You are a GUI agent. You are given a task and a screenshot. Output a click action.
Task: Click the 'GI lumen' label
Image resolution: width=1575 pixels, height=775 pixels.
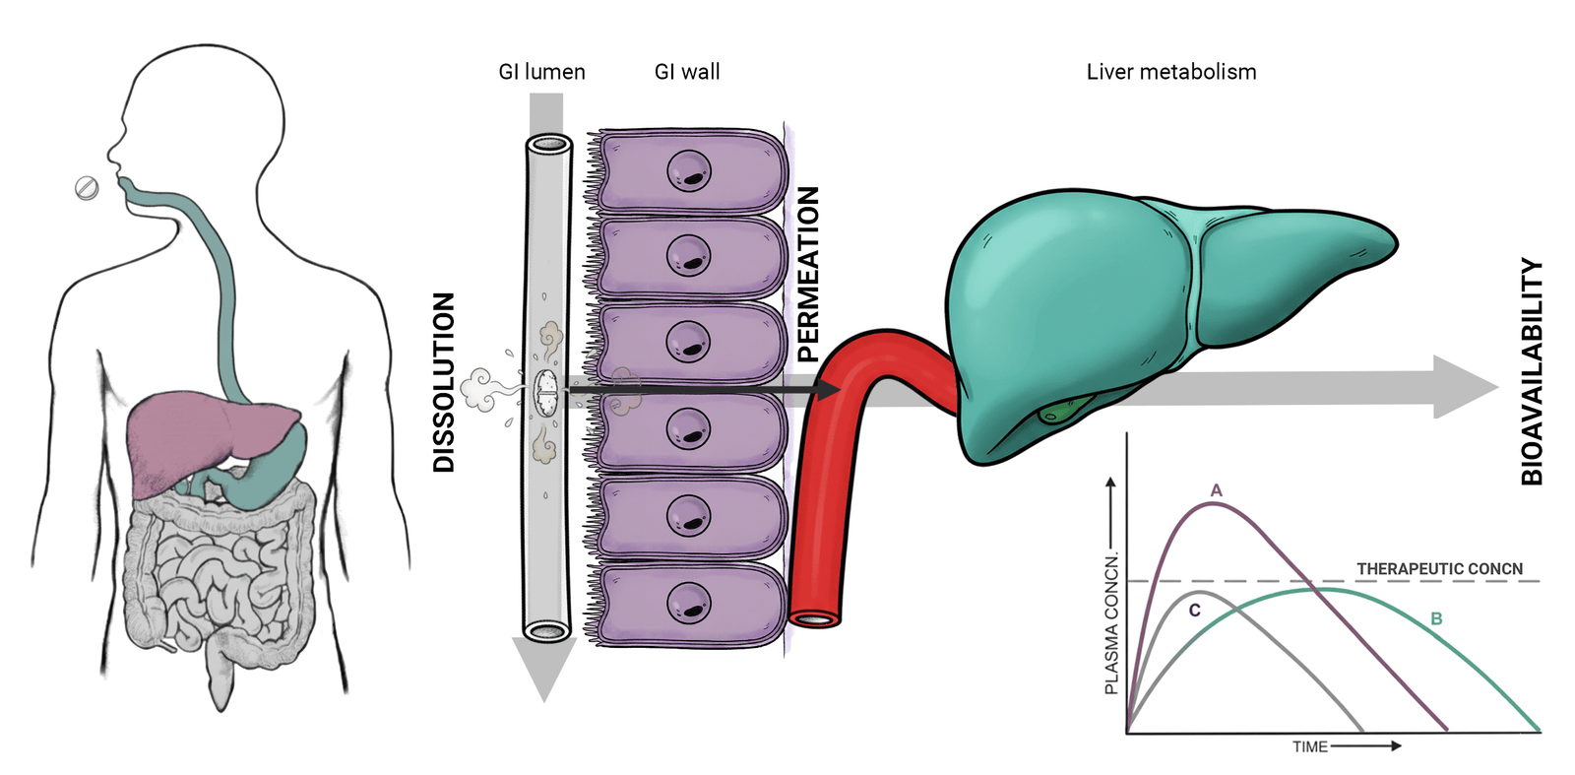[x=541, y=72]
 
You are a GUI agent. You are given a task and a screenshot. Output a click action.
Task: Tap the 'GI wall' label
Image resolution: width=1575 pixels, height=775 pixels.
[x=687, y=72]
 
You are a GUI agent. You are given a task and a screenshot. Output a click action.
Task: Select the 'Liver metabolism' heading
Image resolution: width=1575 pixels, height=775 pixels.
[x=1171, y=72]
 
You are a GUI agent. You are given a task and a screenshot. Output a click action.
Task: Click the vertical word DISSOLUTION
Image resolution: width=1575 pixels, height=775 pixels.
[x=444, y=382]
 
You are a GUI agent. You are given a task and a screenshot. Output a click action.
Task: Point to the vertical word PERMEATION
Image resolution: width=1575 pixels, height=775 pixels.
[x=808, y=275]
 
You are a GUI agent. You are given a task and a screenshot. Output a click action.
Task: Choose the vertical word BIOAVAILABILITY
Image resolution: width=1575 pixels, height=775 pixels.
[x=1532, y=371]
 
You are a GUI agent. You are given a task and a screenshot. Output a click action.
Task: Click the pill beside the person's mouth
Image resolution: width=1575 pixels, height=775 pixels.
[x=88, y=188]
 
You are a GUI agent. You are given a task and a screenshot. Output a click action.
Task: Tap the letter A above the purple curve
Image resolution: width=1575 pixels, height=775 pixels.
[x=1217, y=490]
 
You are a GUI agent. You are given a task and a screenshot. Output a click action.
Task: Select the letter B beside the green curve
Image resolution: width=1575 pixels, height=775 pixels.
[x=1436, y=618]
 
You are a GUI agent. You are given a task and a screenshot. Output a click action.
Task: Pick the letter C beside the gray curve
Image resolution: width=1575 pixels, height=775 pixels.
[x=1195, y=611]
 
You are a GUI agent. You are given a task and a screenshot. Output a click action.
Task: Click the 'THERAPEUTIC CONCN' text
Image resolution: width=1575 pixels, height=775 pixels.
[x=1439, y=568]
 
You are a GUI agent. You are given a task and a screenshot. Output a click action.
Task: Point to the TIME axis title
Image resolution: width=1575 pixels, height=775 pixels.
[x=1310, y=746]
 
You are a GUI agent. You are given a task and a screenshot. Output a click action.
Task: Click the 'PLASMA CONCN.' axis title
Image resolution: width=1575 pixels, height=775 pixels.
[x=1111, y=623]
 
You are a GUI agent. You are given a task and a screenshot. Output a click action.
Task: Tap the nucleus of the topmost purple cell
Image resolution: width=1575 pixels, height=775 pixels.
[x=689, y=171]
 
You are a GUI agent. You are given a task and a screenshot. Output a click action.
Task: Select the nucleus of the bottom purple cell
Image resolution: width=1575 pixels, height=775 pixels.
[x=689, y=603]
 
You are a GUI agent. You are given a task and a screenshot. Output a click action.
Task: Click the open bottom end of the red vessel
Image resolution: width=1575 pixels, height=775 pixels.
[x=814, y=618]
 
